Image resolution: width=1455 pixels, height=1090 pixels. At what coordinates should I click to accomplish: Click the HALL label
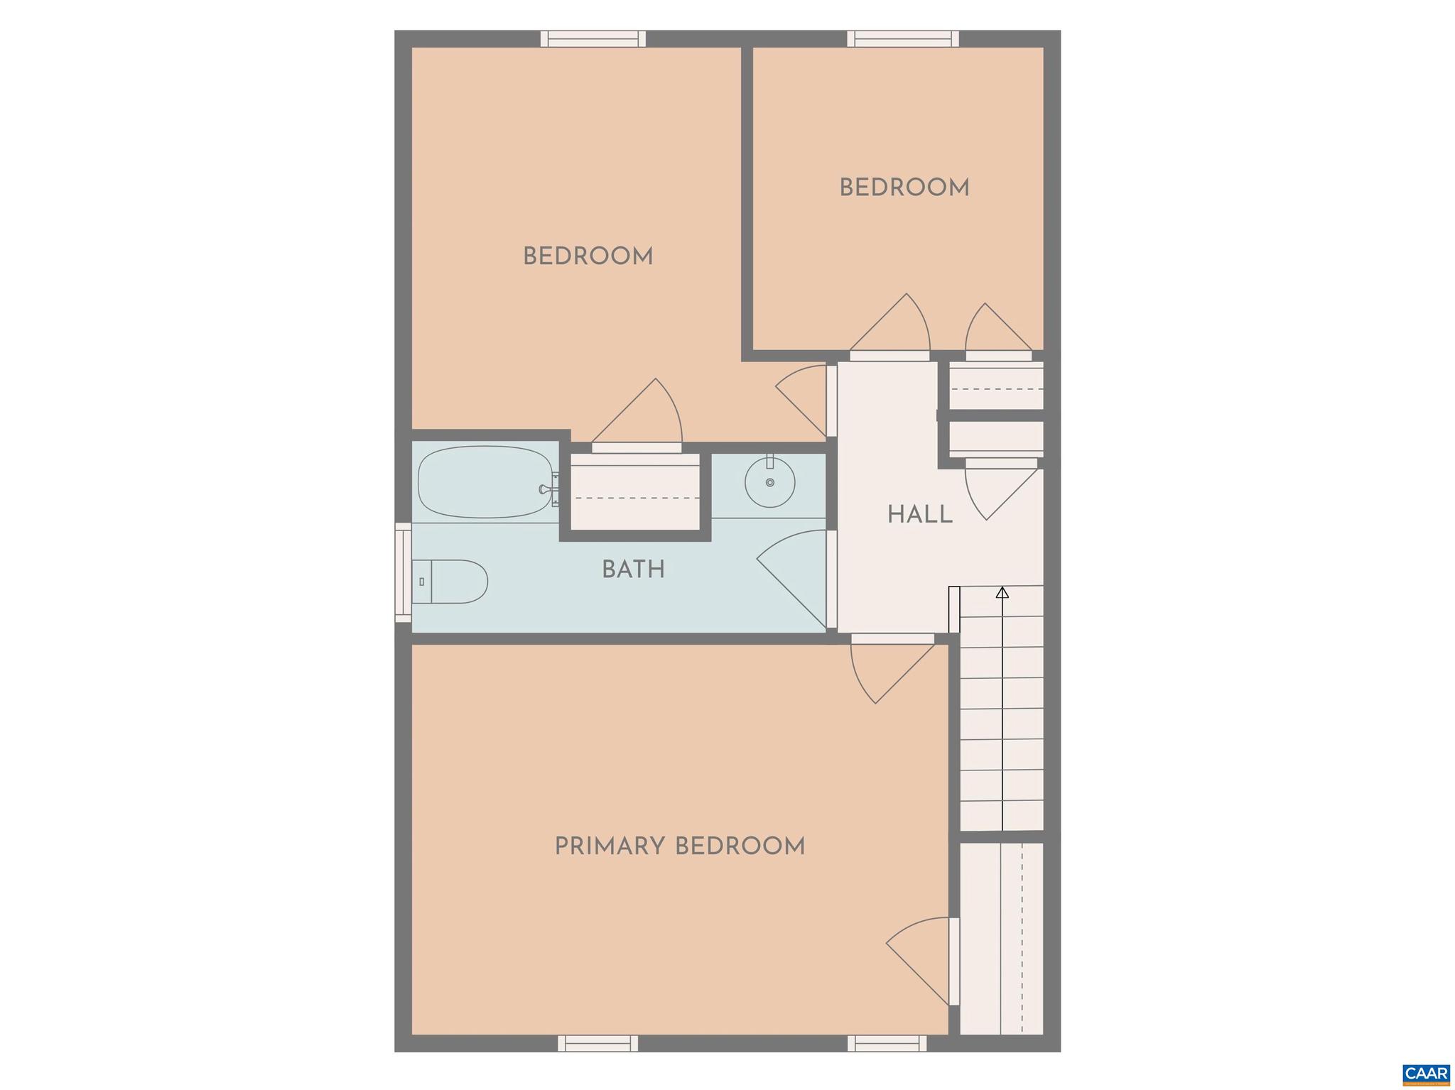[x=919, y=515]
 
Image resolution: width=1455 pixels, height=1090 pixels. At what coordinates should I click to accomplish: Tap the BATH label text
[x=633, y=569]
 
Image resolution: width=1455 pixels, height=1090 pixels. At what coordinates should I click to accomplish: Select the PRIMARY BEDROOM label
[x=679, y=846]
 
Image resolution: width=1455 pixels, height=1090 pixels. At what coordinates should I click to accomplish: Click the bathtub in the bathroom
[x=486, y=482]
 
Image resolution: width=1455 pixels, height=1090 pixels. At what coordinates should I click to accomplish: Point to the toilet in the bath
[x=450, y=582]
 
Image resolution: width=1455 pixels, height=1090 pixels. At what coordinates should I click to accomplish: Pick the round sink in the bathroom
[x=769, y=482]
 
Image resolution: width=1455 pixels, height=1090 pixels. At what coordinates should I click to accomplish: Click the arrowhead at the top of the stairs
[x=1002, y=592]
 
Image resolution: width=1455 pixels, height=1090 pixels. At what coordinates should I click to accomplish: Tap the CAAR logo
[x=1426, y=1073]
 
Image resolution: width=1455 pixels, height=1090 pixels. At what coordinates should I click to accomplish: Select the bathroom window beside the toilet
[x=403, y=572]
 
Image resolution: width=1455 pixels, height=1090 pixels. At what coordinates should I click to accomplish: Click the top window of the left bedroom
[x=593, y=38]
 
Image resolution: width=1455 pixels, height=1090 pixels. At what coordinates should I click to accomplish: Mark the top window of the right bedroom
[x=903, y=38]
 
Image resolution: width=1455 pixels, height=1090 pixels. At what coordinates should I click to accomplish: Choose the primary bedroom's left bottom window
[x=597, y=1043]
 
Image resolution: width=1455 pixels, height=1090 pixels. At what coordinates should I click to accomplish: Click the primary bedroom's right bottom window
[x=887, y=1043]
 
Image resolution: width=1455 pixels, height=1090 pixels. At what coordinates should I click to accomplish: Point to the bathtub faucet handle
[x=545, y=489]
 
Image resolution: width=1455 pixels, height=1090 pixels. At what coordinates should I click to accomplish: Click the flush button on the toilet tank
[x=421, y=582]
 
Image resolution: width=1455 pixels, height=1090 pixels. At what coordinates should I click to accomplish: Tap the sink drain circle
[x=770, y=483]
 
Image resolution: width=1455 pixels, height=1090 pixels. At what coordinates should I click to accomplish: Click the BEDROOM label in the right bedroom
[x=904, y=188]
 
